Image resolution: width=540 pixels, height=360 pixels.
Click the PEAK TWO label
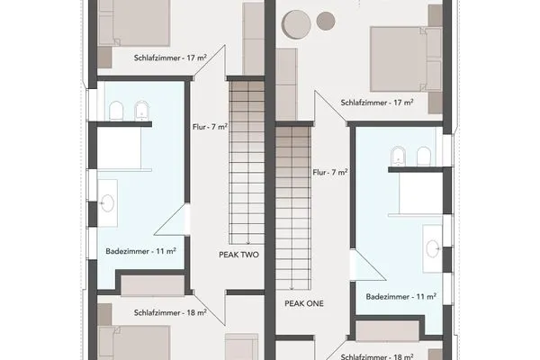238,255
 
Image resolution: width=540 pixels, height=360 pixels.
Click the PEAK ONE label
304,303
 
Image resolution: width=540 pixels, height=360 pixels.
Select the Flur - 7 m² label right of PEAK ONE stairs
330,171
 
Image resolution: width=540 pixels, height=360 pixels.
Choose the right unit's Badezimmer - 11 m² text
401,295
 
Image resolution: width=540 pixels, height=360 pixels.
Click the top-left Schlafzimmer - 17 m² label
170,57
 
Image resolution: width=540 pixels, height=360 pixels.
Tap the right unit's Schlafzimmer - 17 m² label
377,103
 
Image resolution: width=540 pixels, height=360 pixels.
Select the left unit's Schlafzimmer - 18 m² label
170,313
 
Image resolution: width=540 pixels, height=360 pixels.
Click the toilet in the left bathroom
116,111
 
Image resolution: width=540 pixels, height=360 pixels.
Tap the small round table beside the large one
326,21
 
